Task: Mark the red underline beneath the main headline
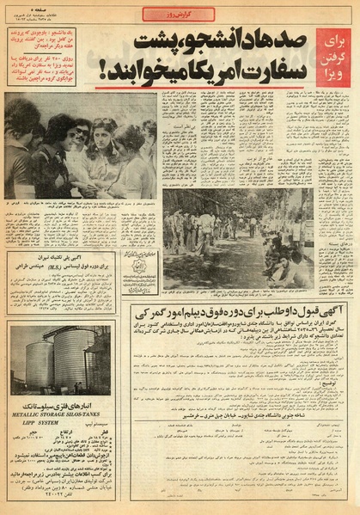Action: click(x=206, y=87)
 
